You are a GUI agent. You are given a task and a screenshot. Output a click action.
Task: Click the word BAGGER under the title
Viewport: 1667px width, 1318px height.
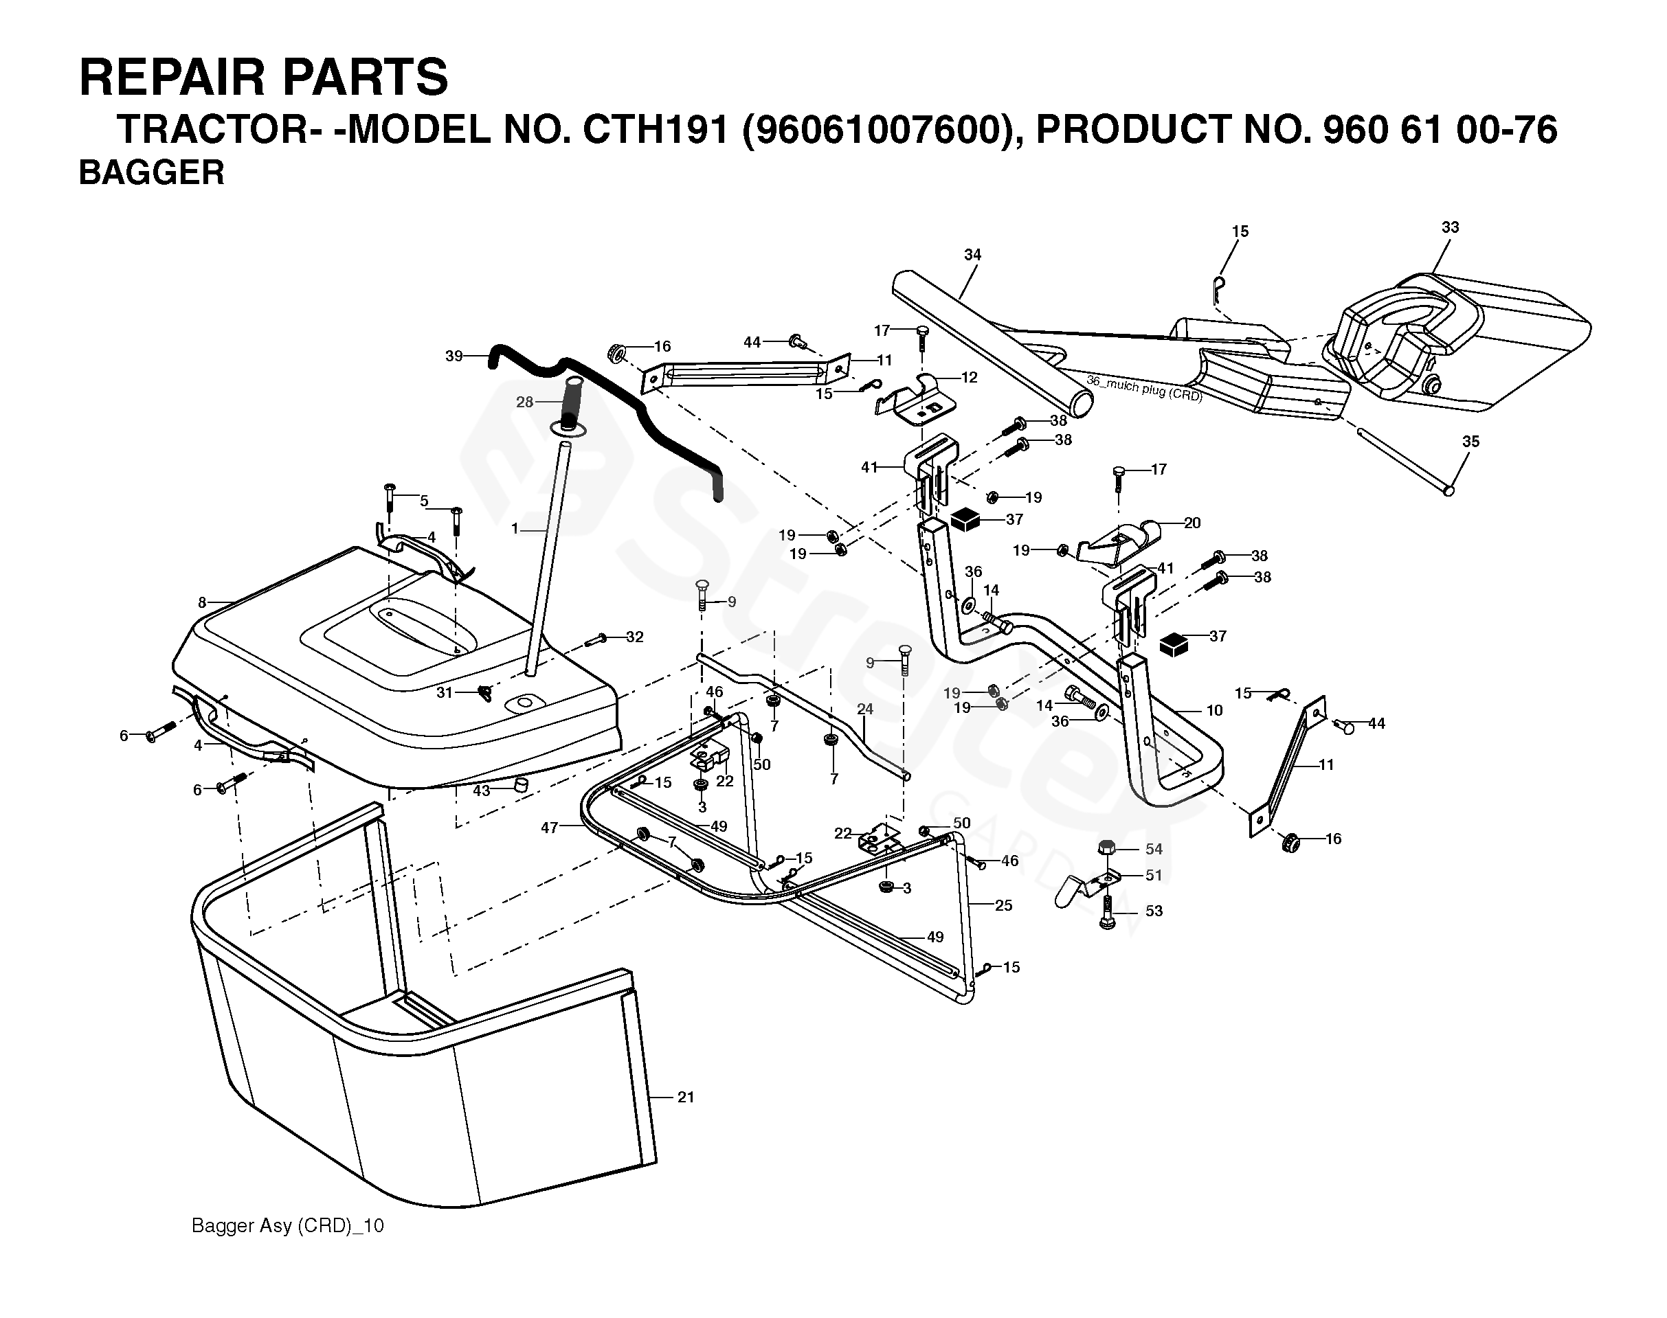151,172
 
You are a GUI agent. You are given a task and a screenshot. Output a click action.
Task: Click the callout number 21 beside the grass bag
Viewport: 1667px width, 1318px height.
686,1097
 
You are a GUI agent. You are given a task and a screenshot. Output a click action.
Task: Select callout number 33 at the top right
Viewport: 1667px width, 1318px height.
1450,227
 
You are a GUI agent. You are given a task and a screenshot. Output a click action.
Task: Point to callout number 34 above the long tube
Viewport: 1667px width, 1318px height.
972,254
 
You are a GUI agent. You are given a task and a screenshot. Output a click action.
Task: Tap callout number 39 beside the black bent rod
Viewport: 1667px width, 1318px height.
454,356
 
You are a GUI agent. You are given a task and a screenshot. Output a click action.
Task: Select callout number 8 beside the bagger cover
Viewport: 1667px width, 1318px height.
202,602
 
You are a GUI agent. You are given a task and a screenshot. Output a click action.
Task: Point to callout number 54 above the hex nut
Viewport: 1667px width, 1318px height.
1154,849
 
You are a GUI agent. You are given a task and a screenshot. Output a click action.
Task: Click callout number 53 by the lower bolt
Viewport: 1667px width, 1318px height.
1154,911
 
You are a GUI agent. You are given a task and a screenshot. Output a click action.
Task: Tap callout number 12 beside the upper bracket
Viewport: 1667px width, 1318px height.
969,377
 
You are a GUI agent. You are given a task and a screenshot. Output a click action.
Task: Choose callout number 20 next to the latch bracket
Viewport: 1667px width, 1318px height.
1192,523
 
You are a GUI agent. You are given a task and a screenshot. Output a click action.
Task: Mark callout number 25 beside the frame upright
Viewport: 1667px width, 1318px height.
1003,905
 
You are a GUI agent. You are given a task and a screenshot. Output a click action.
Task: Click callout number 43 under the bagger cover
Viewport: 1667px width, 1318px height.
481,791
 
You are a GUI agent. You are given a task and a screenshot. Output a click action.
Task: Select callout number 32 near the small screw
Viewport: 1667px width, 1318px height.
634,637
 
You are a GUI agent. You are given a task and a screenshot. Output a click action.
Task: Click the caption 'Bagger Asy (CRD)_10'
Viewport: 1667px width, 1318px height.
287,1225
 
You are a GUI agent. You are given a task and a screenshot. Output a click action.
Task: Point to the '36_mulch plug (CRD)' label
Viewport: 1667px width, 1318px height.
1144,388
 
